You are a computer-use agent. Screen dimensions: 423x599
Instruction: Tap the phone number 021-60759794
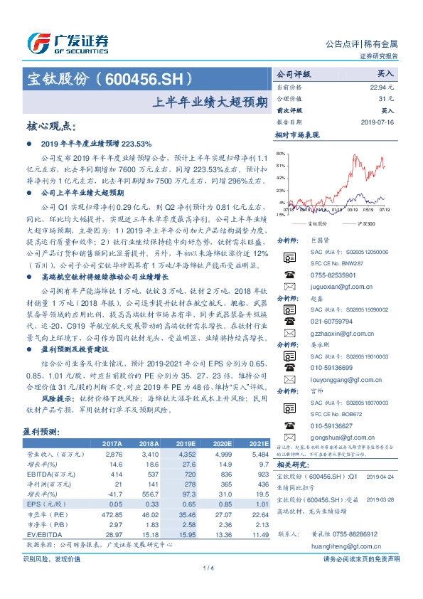tap(324, 322)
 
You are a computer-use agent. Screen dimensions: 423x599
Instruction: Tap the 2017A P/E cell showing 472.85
tap(112, 514)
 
